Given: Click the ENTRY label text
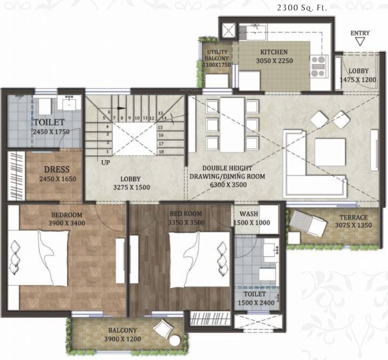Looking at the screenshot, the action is pyautogui.click(x=360, y=33).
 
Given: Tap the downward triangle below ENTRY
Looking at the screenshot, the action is pyautogui.click(x=360, y=42).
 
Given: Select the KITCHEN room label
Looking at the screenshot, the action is pyautogui.click(x=274, y=52).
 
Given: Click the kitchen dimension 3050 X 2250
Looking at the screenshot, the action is pyautogui.click(x=274, y=60).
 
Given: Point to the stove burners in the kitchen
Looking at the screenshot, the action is pyautogui.click(x=318, y=66).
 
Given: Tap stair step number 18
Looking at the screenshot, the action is pyautogui.click(x=161, y=152).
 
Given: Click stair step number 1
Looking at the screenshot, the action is pyautogui.click(x=107, y=151).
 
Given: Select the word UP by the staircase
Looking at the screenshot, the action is pyautogui.click(x=105, y=163).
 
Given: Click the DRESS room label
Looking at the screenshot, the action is pyautogui.click(x=57, y=170).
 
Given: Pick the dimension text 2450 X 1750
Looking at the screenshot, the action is pyautogui.click(x=51, y=132).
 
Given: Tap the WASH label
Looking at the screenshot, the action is pyautogui.click(x=249, y=214).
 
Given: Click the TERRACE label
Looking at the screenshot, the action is pyautogui.click(x=353, y=217).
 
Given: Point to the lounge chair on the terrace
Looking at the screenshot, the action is pyautogui.click(x=307, y=223).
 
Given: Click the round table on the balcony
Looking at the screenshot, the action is pyautogui.click(x=175, y=340).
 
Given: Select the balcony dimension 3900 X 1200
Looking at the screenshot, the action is pyautogui.click(x=123, y=339).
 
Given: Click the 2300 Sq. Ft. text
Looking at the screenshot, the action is pyautogui.click(x=302, y=8).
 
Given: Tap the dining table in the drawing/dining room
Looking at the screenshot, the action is pyautogui.click(x=232, y=125).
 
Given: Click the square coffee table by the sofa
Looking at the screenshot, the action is pyautogui.click(x=330, y=152).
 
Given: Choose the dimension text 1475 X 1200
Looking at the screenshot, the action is pyautogui.click(x=358, y=80).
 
